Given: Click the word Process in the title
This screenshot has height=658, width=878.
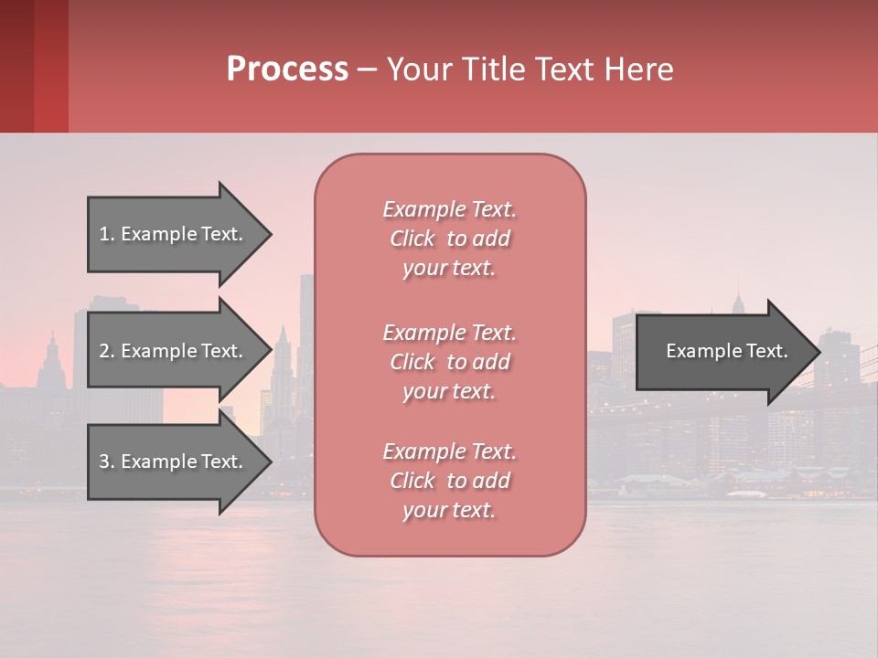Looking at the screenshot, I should pyautogui.click(x=287, y=69).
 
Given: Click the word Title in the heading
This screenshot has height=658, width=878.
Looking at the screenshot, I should pyautogui.click(x=490, y=69).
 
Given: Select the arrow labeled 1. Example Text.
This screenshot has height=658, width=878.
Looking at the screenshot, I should pyautogui.click(x=174, y=234).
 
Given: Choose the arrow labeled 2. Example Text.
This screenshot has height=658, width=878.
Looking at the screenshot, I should pyautogui.click(x=174, y=351).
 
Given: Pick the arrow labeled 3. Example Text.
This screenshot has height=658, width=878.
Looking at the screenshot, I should pyautogui.click(x=174, y=462).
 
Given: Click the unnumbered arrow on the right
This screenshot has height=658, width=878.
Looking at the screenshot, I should pyautogui.click(x=723, y=352).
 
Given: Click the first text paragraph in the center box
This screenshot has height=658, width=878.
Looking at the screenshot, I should pyautogui.click(x=449, y=239).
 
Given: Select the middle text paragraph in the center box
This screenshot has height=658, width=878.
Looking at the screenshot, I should pyautogui.click(x=449, y=362).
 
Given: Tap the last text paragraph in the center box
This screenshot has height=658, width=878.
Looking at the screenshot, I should pyautogui.click(x=449, y=481).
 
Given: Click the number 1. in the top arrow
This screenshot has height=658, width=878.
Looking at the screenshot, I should pyautogui.click(x=107, y=234).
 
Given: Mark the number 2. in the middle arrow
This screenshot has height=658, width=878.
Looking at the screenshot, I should pyautogui.click(x=107, y=351).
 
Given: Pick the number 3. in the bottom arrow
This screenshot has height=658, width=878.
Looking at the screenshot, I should pyautogui.click(x=107, y=462).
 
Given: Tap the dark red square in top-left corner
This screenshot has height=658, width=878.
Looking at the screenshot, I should pyautogui.click(x=34, y=66).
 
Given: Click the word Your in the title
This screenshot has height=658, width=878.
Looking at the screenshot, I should pyautogui.click(x=418, y=69).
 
